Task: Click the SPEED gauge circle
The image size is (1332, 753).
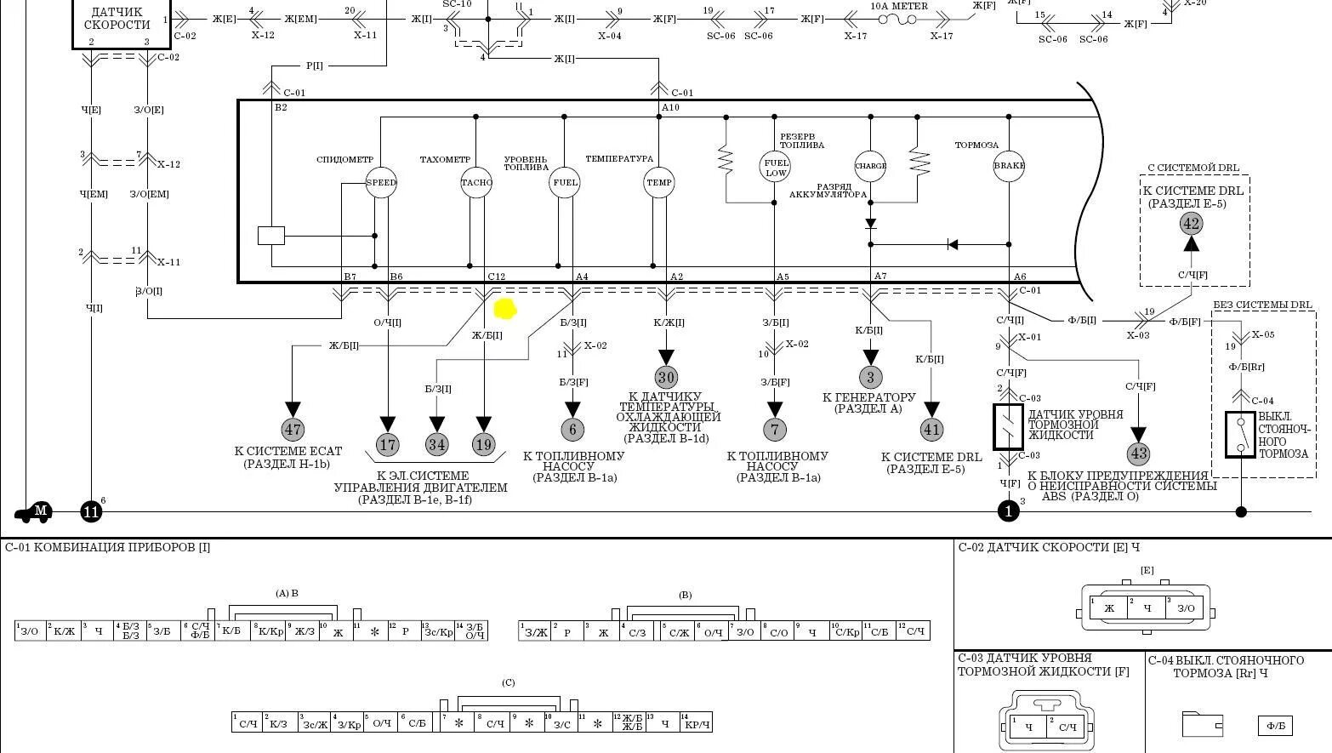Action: [381, 182]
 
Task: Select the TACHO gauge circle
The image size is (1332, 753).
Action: [476, 182]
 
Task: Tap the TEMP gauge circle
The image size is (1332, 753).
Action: [659, 182]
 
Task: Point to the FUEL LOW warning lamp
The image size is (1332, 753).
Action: [775, 167]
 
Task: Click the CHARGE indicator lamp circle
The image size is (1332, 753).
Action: [870, 166]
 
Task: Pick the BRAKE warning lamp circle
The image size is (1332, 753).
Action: [1009, 166]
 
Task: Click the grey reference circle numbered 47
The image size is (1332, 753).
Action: [293, 430]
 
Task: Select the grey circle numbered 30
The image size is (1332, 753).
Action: [666, 377]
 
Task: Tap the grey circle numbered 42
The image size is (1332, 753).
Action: [1191, 224]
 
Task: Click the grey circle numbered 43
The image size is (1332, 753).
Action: [1138, 454]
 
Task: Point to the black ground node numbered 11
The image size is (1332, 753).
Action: [91, 511]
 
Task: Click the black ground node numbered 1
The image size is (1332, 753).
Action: [1008, 511]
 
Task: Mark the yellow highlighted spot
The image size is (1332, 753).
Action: [504, 309]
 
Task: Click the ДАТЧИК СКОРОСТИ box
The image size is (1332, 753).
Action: [117, 20]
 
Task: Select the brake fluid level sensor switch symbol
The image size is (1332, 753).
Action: [1009, 427]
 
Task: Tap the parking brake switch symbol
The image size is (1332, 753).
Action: [1240, 435]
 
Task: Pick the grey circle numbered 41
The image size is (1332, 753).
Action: [932, 430]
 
